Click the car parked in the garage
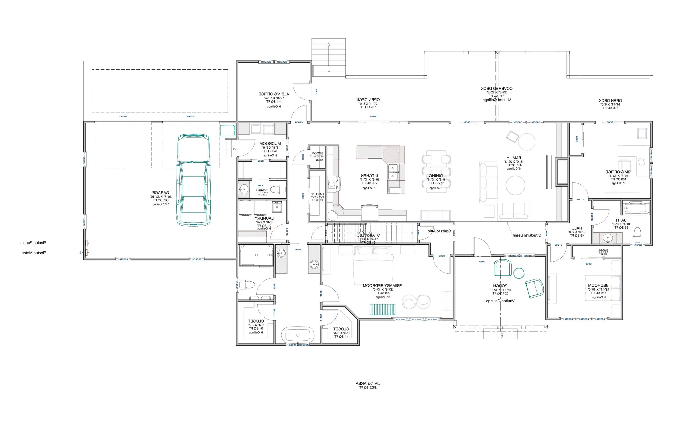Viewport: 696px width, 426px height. (193, 180)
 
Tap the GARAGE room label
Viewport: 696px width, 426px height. (161, 192)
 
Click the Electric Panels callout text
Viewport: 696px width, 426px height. (33, 243)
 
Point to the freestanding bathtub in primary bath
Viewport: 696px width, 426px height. (297, 335)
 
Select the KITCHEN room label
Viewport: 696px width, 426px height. (369, 176)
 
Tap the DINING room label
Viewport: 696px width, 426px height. (436, 176)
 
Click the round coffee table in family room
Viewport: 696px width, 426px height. (515, 186)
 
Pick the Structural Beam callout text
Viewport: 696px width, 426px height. (527, 235)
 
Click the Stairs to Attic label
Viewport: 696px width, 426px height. (439, 231)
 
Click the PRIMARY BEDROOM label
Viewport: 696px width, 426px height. (383, 286)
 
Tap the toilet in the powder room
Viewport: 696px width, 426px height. (278, 189)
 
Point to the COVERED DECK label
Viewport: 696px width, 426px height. (496, 88)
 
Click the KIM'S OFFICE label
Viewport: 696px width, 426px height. (618, 172)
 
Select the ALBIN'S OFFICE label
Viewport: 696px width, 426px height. (274, 94)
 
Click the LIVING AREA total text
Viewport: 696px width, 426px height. (368, 384)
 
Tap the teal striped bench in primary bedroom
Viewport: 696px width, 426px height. (383, 309)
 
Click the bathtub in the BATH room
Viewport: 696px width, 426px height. (636, 208)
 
